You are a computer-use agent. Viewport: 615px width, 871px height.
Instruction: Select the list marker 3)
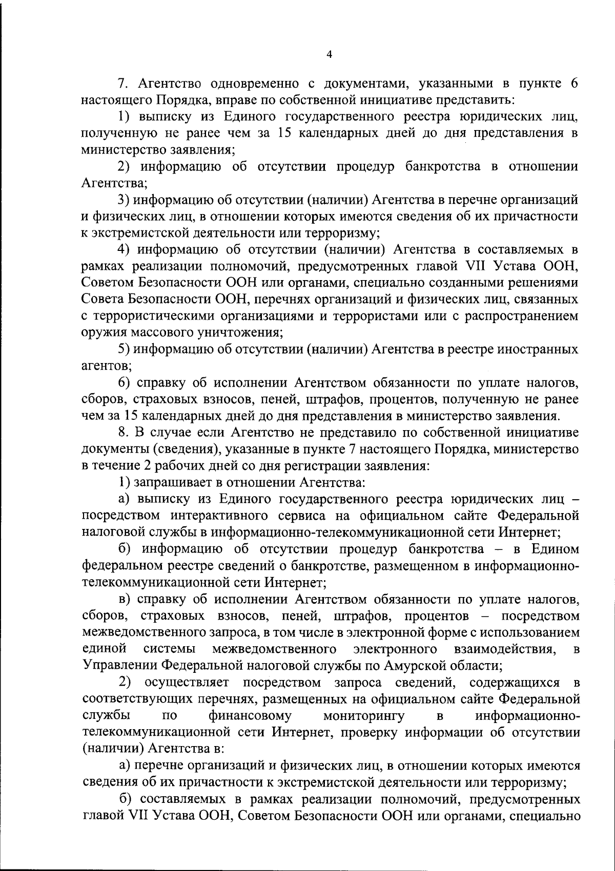[123, 200]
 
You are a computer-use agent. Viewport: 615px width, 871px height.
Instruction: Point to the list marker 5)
[123, 350]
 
